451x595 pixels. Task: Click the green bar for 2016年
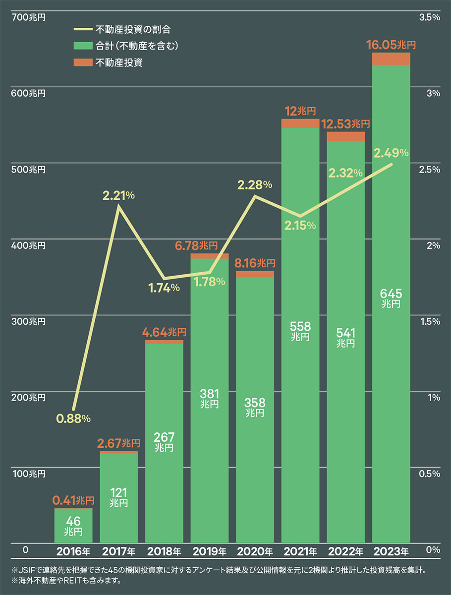click(73, 526)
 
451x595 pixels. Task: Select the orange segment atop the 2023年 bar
click(391, 59)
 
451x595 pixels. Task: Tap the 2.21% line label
click(119, 195)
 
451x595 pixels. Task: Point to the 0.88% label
click(73, 418)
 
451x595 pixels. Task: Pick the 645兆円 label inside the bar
click(391, 298)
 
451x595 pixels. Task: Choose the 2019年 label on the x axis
click(210, 551)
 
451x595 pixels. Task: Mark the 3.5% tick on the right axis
click(430, 17)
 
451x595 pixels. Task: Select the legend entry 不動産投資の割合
click(133, 30)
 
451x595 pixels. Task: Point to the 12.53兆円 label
click(346, 123)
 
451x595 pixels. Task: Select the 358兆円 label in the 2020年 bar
click(255, 407)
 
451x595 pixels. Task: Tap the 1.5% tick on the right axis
click(430, 322)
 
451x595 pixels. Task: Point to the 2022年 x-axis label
click(346, 551)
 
